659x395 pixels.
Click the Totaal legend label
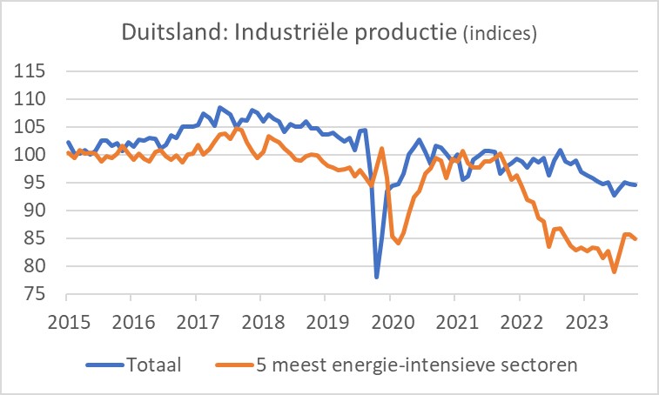(153, 364)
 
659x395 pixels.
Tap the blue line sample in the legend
(105, 365)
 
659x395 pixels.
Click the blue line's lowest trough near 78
(377, 278)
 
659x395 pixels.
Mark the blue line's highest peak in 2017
(219, 107)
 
